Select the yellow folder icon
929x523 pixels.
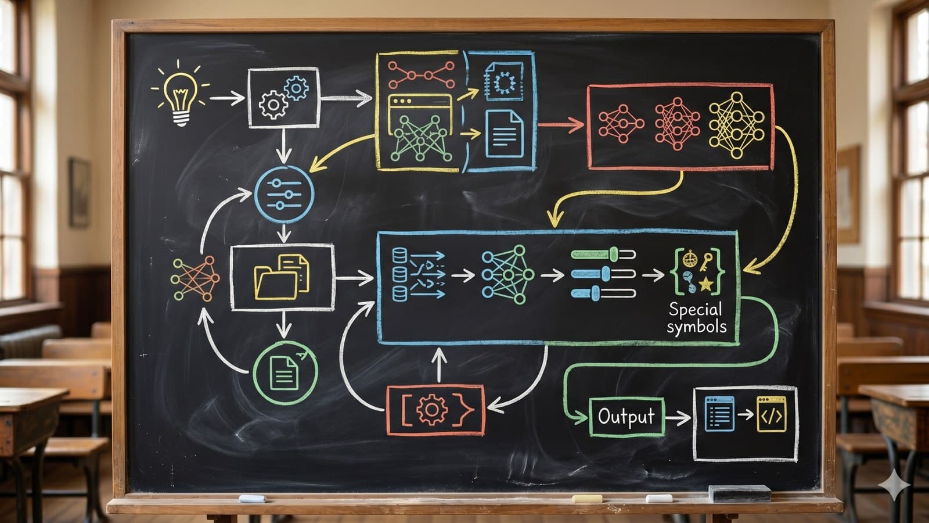(282, 277)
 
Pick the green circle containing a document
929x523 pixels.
(285, 372)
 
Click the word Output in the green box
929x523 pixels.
(626, 417)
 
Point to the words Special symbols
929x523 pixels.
(696, 318)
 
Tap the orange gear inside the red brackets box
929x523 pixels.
(431, 410)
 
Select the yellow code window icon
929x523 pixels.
(771, 414)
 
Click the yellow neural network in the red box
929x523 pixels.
(736, 124)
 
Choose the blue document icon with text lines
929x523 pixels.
(503, 133)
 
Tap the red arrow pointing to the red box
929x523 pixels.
(560, 124)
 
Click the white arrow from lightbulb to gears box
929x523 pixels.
(227, 97)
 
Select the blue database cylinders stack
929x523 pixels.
(399, 274)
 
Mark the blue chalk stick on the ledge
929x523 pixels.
(252, 499)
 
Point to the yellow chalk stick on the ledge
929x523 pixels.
(586, 499)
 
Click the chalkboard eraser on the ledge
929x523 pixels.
(739, 494)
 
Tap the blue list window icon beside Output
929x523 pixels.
(719, 414)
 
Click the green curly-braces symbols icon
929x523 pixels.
(698, 271)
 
